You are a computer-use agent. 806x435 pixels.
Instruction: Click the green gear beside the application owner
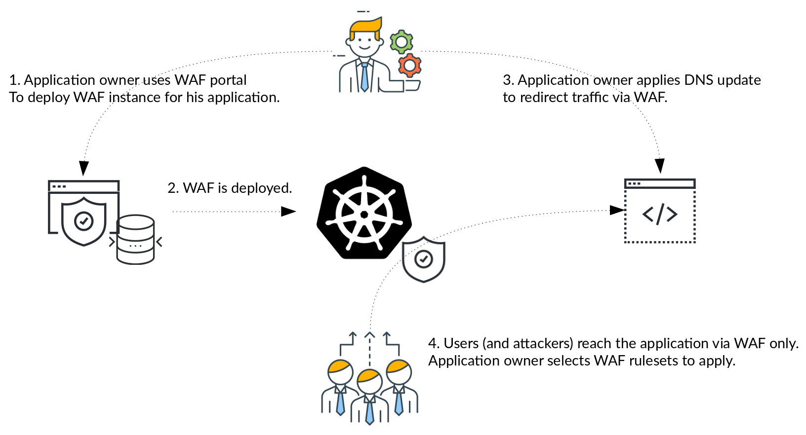(402, 42)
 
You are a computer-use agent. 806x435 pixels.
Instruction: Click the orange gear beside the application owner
(409, 66)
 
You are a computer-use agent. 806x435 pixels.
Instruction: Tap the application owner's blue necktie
(364, 77)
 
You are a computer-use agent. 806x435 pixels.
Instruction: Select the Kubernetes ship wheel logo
(364, 214)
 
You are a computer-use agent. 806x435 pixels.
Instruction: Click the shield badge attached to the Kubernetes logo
(424, 259)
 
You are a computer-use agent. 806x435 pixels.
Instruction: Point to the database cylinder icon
(135, 240)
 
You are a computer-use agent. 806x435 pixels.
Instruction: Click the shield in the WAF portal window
(84, 221)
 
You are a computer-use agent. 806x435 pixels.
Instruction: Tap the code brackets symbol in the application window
(660, 214)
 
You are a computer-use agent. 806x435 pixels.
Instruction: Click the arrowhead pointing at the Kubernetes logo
(288, 212)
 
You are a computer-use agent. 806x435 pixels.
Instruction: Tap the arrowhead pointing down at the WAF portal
(84, 168)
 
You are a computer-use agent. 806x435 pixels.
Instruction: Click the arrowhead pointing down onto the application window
(660, 166)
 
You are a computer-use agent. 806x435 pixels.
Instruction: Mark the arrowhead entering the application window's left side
(617, 210)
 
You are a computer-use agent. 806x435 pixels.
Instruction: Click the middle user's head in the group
(369, 381)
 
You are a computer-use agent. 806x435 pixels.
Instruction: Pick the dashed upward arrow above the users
(369, 348)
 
